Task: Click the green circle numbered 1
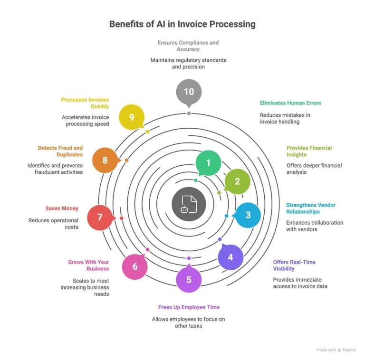coord(208,163)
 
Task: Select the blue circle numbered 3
coord(248,215)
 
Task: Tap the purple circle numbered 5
coord(189,279)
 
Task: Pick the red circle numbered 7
coord(100,218)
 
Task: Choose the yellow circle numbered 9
coord(132,117)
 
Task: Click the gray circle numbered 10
coord(189,92)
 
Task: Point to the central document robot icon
coord(188,204)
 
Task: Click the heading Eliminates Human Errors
coord(290,103)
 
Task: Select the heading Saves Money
coord(62,208)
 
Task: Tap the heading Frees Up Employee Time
coord(189,307)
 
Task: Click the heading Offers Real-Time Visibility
coord(294,265)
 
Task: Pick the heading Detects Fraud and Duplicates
coord(60,151)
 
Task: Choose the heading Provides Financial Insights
coord(309,151)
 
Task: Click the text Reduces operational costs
coord(53,224)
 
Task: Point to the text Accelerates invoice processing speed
coord(85,120)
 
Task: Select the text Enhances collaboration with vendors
coord(314,226)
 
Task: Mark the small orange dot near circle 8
coord(126,160)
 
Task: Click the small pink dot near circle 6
coord(147,249)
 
